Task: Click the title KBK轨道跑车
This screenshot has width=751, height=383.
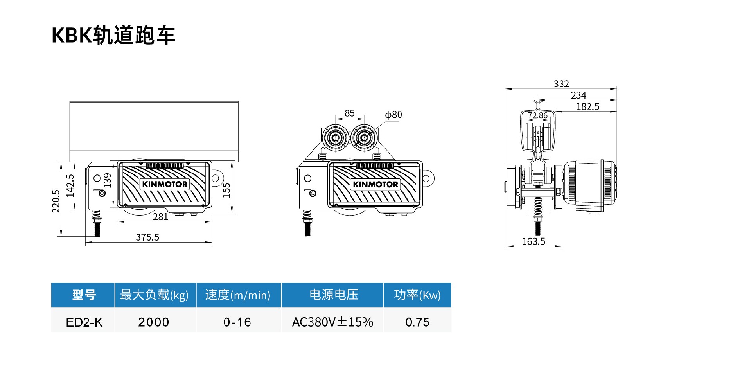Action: coord(113,35)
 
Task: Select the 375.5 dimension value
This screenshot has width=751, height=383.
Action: coord(147,237)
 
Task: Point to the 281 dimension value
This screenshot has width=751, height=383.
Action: coord(160,217)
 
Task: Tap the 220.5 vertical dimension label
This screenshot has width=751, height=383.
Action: coord(56,201)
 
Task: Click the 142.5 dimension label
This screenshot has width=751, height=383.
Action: coord(70,185)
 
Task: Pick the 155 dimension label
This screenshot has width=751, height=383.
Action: coord(226,190)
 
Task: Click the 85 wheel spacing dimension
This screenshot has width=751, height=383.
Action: coord(350,113)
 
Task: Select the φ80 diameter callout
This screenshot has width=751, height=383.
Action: coord(393,115)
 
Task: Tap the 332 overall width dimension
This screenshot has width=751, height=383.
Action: coord(561,84)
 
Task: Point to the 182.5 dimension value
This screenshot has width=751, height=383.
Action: coord(588,106)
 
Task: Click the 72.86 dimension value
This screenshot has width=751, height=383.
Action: coord(538,115)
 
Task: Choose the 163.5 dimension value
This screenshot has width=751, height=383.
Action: coord(534,241)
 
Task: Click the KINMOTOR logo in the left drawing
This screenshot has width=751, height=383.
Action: coord(165,184)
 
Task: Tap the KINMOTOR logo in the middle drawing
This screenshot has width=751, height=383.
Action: coord(375,184)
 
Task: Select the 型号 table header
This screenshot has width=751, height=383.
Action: coord(84,295)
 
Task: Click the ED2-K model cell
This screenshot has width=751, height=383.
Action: coord(84,322)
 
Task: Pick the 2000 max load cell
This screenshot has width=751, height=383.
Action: coord(154,322)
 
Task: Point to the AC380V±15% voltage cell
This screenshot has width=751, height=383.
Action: coord(332,322)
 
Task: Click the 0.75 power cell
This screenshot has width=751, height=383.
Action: coord(417,322)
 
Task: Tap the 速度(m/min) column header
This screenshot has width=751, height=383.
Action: coord(238,295)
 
